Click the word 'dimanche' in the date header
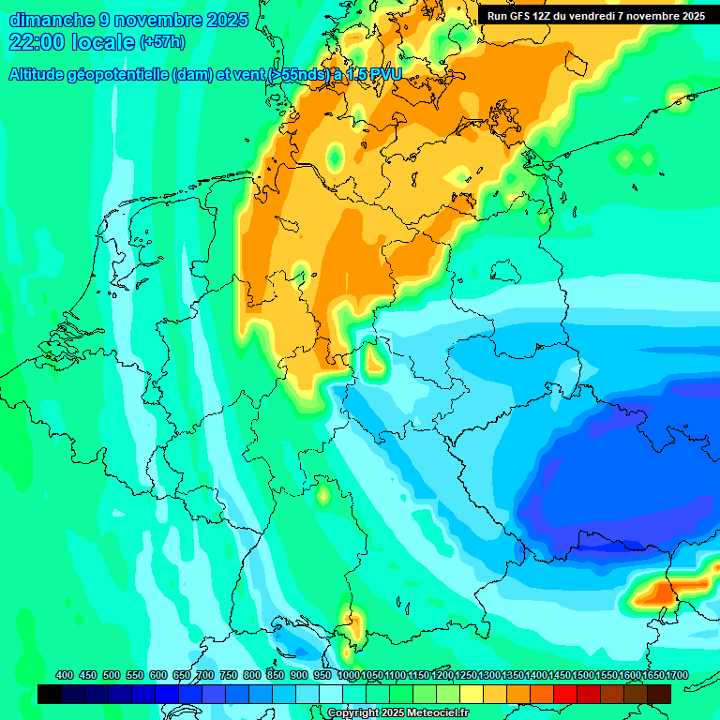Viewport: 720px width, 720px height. point(50,20)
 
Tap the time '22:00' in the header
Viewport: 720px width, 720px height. point(37,42)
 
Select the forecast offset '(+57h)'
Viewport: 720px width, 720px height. point(162,42)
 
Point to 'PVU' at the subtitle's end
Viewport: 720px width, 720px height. point(384,75)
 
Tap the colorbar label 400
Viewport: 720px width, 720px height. point(65,675)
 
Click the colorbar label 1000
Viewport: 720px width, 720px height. point(349,675)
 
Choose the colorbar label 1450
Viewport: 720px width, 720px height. point(536,675)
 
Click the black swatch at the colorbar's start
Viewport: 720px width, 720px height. point(50,694)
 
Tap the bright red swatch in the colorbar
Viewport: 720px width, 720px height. point(565,694)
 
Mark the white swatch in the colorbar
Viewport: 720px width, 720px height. point(331,694)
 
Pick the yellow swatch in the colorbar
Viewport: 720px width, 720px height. point(472,694)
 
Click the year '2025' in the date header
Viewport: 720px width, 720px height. point(226,20)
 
